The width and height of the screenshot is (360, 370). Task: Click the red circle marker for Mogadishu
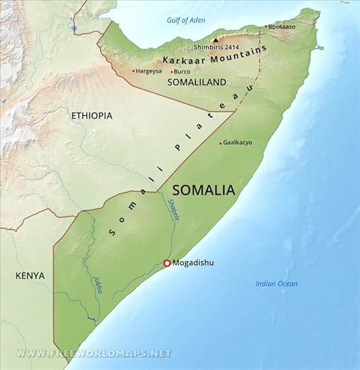pyautogui.click(x=166, y=263)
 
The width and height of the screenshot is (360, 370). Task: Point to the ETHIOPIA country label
pyautogui.click(x=91, y=116)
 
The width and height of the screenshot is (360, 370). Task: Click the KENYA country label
pyautogui.click(x=30, y=275)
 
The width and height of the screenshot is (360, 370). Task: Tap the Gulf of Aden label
pyautogui.click(x=186, y=20)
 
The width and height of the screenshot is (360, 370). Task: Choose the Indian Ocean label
pyautogui.click(x=277, y=284)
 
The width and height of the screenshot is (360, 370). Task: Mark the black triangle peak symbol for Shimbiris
pyautogui.click(x=216, y=40)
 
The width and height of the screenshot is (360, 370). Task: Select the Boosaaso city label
pyautogui.click(x=281, y=27)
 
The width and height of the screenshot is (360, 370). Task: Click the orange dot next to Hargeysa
pyautogui.click(x=133, y=71)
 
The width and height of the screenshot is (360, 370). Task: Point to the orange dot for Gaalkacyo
pyautogui.click(x=220, y=143)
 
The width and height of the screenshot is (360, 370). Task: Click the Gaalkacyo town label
pyautogui.click(x=238, y=143)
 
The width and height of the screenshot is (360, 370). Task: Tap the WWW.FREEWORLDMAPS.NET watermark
pyautogui.click(x=94, y=353)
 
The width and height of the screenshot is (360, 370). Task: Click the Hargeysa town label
pyautogui.click(x=150, y=71)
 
